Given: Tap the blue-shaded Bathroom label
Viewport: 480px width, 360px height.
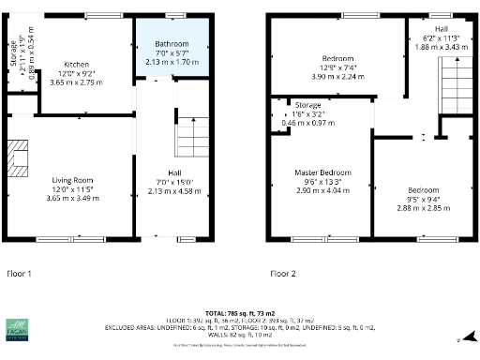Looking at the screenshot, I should [x=172, y=44].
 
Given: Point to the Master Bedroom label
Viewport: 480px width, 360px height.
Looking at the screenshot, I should [x=322, y=173].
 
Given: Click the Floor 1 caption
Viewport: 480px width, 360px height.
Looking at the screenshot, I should [x=20, y=274].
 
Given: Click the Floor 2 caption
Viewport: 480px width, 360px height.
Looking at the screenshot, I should [x=282, y=274].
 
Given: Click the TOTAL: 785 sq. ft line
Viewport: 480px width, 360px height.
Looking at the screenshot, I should [x=240, y=312].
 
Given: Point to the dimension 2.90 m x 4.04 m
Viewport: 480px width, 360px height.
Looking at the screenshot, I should [x=322, y=190].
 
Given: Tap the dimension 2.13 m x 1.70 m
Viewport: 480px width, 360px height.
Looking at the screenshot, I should [x=172, y=62].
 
